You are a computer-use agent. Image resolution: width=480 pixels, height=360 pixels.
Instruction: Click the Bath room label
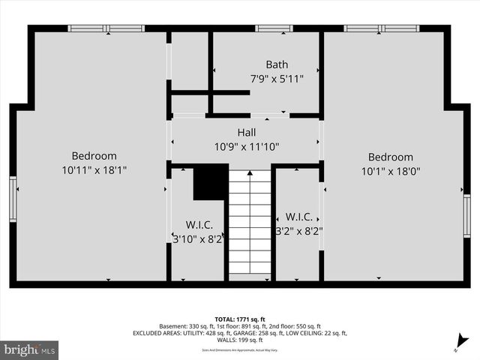point(277,64)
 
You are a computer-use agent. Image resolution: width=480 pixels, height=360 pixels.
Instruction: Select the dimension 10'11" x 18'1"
point(94,170)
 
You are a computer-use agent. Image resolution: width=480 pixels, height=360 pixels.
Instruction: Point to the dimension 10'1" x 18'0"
point(390,170)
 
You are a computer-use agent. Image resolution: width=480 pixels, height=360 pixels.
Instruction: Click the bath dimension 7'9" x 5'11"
point(277,78)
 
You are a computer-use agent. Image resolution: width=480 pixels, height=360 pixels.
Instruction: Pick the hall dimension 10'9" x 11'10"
point(247,147)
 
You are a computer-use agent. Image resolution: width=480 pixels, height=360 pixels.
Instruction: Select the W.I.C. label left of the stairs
point(199,225)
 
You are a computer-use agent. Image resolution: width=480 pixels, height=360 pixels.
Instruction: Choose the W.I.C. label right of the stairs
point(298,217)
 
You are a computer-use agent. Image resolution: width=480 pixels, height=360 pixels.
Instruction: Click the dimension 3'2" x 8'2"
point(298,231)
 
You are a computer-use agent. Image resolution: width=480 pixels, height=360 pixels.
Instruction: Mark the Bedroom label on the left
point(94,156)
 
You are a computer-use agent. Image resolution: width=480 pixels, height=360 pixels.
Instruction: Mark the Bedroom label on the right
point(390,157)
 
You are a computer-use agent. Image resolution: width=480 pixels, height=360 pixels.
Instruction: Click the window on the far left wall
point(13,199)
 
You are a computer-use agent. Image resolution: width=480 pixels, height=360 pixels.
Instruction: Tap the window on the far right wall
point(467,215)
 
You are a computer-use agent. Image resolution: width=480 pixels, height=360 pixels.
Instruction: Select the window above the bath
point(274,28)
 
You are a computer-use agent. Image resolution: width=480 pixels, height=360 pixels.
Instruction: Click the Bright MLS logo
point(30,349)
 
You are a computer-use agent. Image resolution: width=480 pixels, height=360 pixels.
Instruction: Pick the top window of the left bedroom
point(106,28)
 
